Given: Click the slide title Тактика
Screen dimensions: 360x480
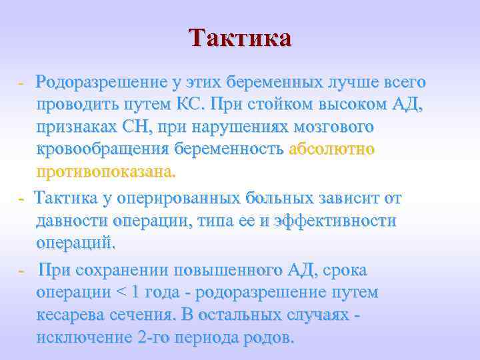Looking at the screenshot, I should pyautogui.click(x=240, y=37).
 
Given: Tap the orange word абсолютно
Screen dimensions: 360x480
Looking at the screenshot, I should pyautogui.click(x=331, y=149).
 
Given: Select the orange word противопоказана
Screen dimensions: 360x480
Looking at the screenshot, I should pyautogui.click(x=107, y=172).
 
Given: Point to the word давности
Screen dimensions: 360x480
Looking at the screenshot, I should pyautogui.click(x=72, y=221).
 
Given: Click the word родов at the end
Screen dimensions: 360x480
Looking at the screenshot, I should pyautogui.click(x=271, y=337).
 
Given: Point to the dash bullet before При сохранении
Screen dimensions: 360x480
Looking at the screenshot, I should pyautogui.click(x=21, y=271).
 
